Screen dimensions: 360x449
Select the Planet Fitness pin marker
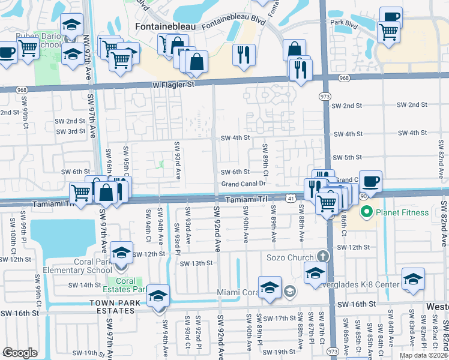365,212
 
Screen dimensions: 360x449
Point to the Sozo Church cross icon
322,257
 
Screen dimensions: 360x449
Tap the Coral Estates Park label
125,285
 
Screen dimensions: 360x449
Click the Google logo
20,352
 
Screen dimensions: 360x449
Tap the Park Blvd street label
345,23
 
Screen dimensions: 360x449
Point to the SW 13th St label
197,263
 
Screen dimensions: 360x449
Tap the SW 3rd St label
72,131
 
